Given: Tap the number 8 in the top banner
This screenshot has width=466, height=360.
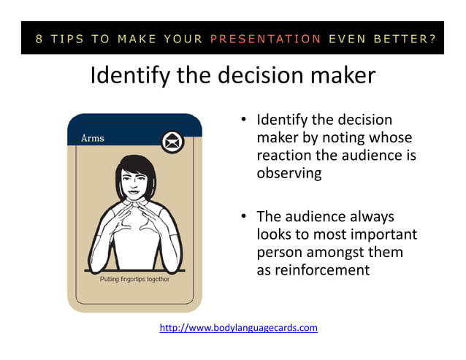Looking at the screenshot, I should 38,39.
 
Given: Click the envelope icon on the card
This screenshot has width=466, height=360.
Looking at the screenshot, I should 172,141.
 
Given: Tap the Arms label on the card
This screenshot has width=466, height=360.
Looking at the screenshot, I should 92,138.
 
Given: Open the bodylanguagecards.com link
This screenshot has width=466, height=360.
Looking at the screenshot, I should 238,328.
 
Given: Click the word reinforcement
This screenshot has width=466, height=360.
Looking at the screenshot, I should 313,269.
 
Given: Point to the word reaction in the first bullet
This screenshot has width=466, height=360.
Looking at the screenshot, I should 285,156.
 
